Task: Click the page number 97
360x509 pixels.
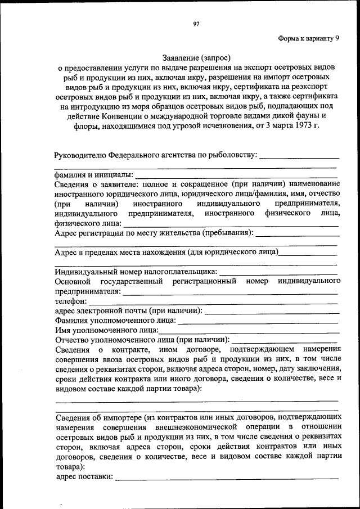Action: tap(196, 24)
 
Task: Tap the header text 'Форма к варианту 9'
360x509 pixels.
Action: tap(309, 38)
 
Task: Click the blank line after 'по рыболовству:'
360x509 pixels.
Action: tap(299, 156)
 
